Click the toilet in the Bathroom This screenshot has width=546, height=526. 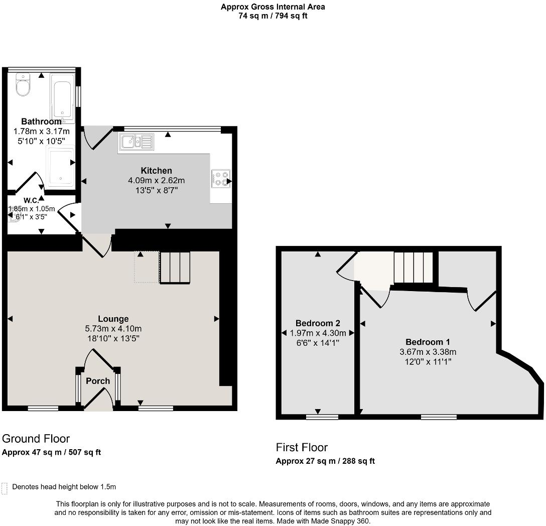tap(23, 85)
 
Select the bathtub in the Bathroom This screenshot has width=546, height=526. tap(62, 98)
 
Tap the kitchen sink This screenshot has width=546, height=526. tap(136, 142)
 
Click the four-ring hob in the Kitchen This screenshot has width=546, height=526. tap(221, 179)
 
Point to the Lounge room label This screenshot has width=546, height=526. tap(113, 319)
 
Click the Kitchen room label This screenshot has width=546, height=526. tap(157, 171)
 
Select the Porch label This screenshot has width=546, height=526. tap(98, 381)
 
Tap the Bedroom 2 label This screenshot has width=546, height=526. tap(318, 323)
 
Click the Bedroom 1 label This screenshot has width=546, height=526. tap(428, 342)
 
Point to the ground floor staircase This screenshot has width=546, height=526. tap(175, 268)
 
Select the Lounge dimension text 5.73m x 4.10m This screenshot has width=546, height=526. tap(113, 328)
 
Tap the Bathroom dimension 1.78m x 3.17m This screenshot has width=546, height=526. tap(42, 131)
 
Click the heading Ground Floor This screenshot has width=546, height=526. tap(36, 439)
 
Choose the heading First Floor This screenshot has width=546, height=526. tap(302, 447)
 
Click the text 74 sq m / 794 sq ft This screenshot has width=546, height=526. tap(273, 16)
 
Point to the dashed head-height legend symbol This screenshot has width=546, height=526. tap(4, 488)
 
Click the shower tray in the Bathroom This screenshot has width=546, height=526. tap(61, 167)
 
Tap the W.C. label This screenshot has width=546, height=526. tap(31, 200)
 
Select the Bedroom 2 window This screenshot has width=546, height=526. tap(323, 417)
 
